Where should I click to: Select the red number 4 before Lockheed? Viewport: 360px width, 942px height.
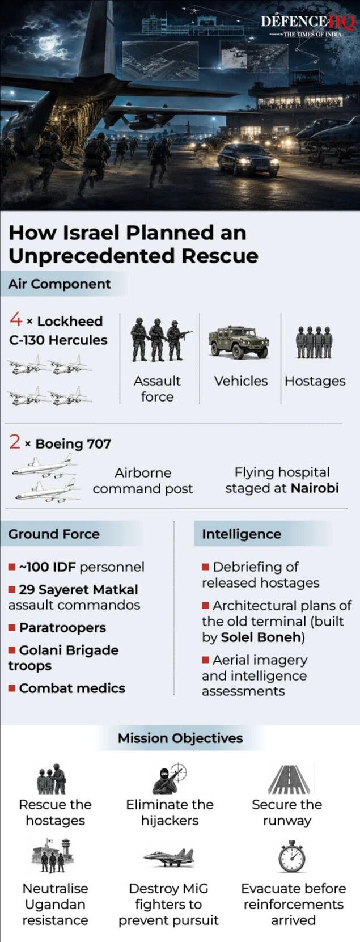[x=15, y=320]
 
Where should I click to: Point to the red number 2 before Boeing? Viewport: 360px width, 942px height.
[x=15, y=442]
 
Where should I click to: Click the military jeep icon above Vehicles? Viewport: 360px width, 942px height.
[x=239, y=342]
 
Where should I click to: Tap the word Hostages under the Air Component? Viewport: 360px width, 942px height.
[x=315, y=381]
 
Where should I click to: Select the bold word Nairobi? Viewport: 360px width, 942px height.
[x=315, y=488]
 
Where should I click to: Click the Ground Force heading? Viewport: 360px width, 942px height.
[x=54, y=534]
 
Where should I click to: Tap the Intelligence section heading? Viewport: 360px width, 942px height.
[x=242, y=534]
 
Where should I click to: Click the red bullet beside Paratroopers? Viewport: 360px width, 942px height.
[x=12, y=628]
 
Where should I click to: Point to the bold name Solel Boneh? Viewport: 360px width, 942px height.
[x=261, y=637]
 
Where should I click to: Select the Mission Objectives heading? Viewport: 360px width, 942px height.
[x=180, y=738]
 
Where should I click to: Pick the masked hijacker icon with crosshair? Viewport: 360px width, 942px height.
[x=169, y=779]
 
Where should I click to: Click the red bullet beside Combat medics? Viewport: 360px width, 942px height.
[x=12, y=688]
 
